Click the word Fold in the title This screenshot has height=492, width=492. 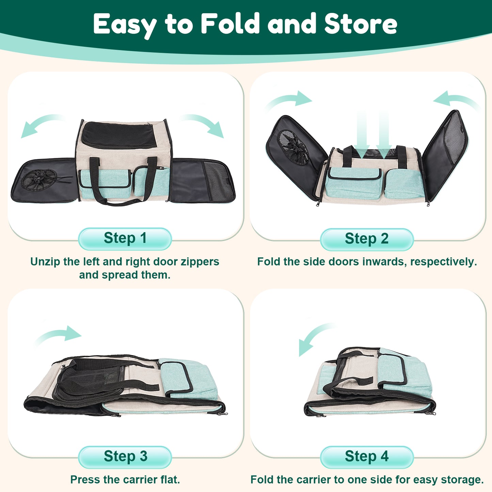230,23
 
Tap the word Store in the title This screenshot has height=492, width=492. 361,23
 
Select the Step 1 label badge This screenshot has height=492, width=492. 125,239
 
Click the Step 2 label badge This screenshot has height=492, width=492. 367,239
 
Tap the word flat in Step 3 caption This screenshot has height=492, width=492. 170,479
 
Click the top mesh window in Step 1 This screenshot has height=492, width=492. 119,135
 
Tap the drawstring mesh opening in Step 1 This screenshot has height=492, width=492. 39,179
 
